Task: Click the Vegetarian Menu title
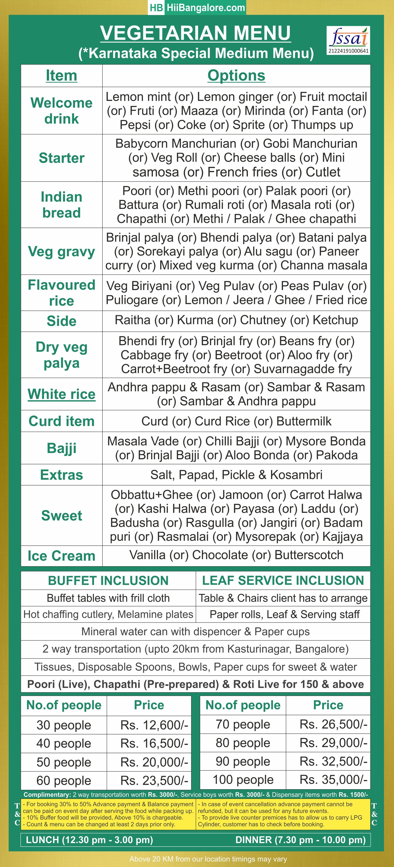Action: [x=196, y=33]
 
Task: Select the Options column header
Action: [x=236, y=75]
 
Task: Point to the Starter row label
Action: [x=62, y=158]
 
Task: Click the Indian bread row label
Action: [x=62, y=205]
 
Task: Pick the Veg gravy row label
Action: [x=62, y=251]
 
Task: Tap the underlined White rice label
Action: [x=62, y=394]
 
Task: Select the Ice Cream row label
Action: [x=62, y=556]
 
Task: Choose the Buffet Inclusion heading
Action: [x=108, y=581]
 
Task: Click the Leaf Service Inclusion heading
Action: [x=283, y=581]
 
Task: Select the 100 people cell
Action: [x=243, y=780]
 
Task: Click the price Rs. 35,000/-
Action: [x=333, y=780]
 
